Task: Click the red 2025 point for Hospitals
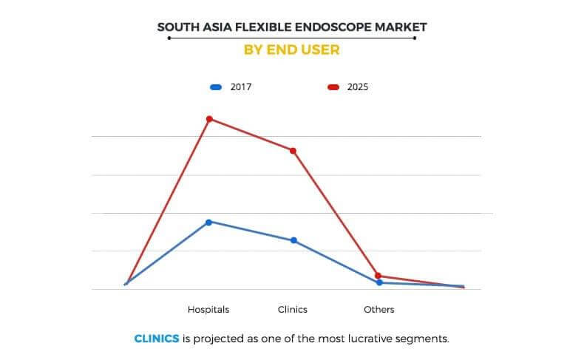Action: coord(209,119)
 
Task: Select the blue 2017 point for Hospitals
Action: coord(209,222)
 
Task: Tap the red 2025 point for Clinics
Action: coord(293,151)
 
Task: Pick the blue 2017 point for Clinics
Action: coord(293,240)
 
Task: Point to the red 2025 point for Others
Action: coord(378,276)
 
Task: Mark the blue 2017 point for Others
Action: coord(378,282)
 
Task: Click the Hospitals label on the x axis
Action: coord(208,309)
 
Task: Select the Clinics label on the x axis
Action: coord(293,309)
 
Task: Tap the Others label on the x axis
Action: coord(378,309)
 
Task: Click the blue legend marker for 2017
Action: coord(216,87)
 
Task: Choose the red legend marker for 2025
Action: coord(333,87)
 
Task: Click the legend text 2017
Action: coord(242,87)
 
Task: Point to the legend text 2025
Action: coord(358,87)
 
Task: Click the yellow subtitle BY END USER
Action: coord(292,50)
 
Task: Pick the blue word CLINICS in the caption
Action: coord(156,339)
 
